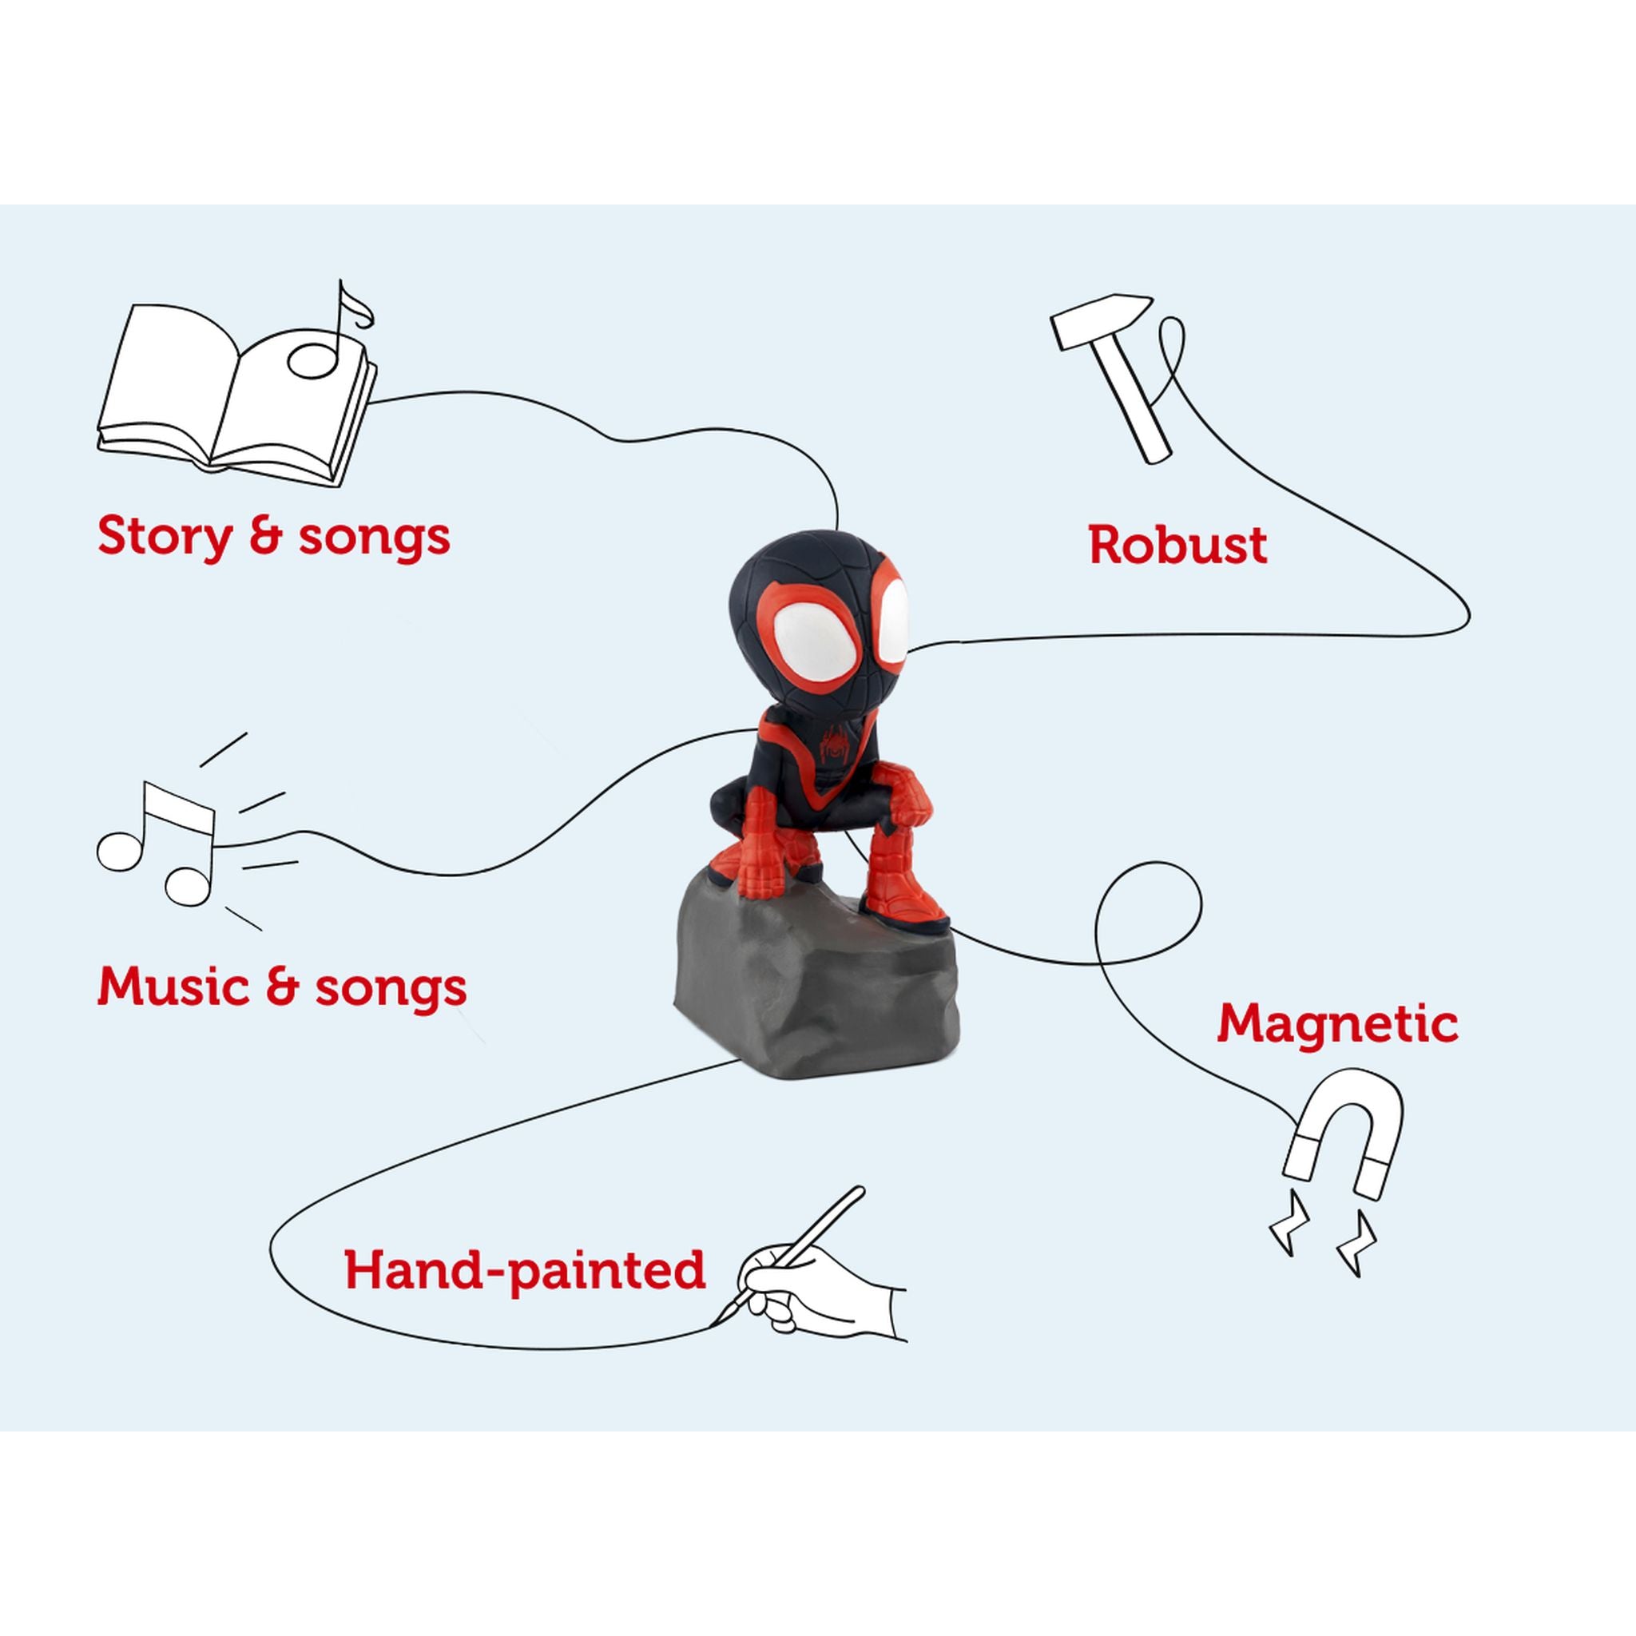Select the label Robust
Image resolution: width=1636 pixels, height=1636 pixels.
(1177, 544)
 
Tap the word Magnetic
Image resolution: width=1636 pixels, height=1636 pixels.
(1338, 1025)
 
